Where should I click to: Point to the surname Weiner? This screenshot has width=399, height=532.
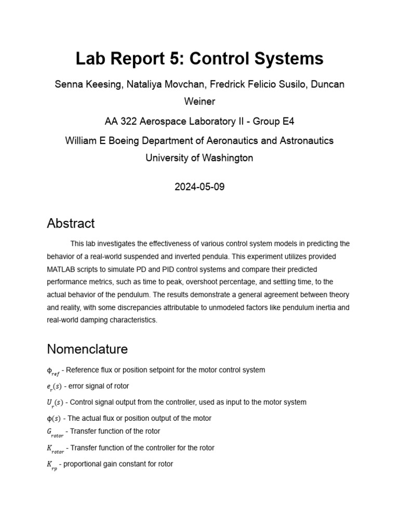[x=199, y=101]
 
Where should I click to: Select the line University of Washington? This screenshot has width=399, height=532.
[x=199, y=158]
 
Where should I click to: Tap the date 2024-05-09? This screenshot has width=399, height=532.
[x=199, y=187]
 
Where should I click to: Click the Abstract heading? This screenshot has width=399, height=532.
[x=71, y=223]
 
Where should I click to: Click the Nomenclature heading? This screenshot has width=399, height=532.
[x=87, y=348]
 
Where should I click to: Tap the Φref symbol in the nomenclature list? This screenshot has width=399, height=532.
[x=53, y=371]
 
